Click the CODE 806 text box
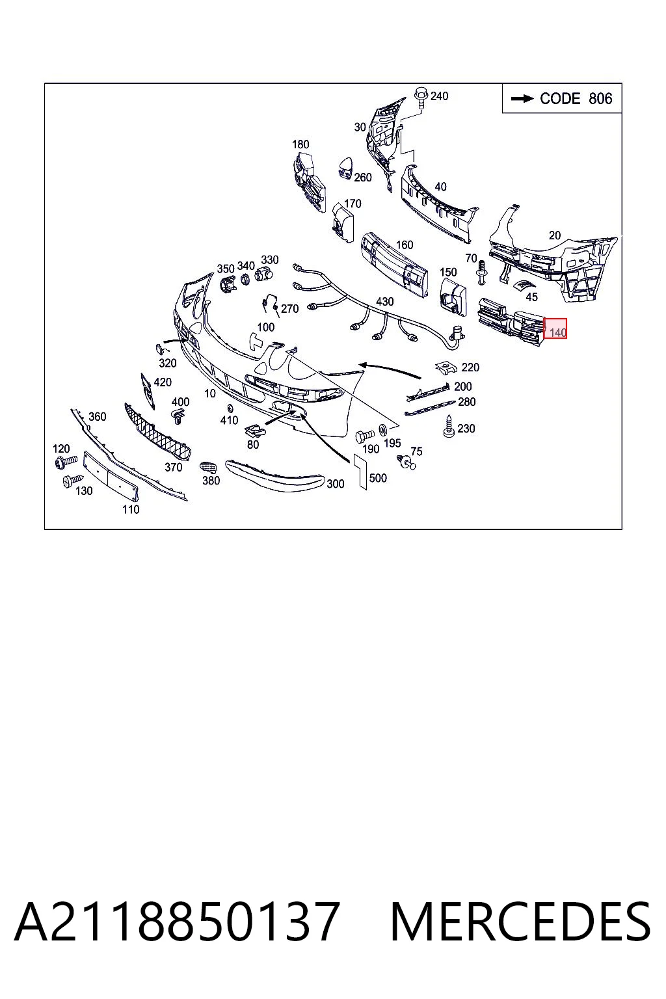[562, 98]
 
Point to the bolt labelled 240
[421, 97]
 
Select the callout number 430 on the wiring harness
[384, 302]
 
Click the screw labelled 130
[72, 481]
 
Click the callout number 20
[555, 235]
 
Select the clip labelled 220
[447, 367]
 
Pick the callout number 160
[404, 245]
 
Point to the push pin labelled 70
[481, 273]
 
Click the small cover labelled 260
[345, 168]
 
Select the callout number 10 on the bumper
[209, 393]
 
